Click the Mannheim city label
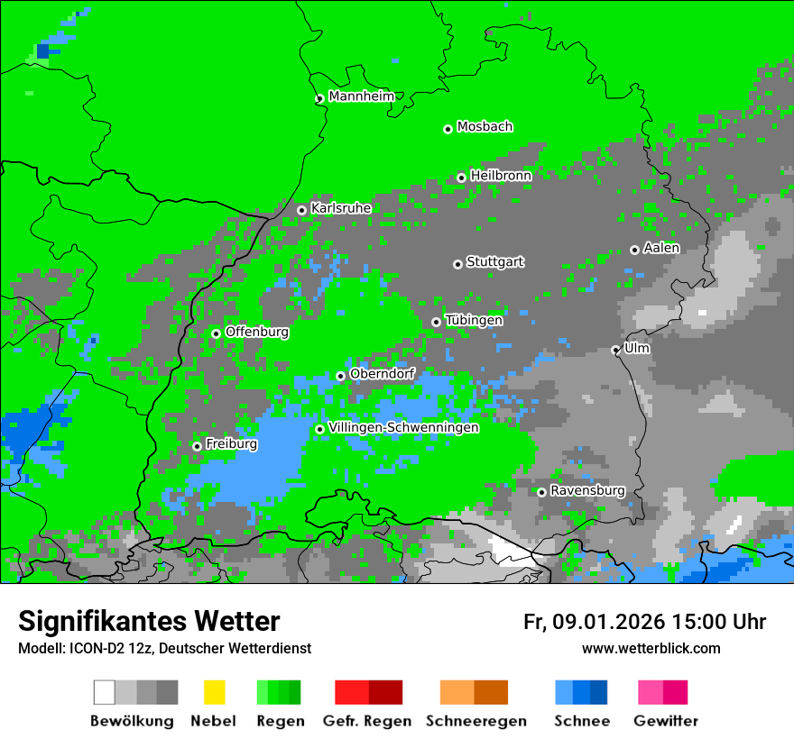[361, 96]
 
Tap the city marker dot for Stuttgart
[458, 264]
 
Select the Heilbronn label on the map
[501, 176]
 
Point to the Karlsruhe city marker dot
[302, 211]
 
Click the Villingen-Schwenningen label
[403, 428]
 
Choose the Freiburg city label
[231, 444]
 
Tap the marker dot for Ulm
[616, 351]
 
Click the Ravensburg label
[587, 491]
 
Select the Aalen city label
[661, 248]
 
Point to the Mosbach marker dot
[448, 130]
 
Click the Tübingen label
[474, 320]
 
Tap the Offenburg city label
[257, 332]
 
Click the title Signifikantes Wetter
[149, 622]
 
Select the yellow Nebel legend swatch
[214, 692]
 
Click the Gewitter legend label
[665, 721]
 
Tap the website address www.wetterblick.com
[651, 649]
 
